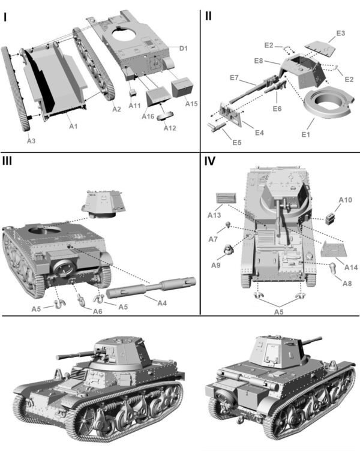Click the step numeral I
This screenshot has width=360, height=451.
[5, 17]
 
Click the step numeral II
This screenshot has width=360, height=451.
[208, 16]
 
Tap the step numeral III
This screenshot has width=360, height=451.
[9, 161]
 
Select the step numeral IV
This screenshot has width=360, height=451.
[210, 161]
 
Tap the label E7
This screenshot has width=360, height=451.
[235, 78]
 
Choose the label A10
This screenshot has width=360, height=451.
[345, 200]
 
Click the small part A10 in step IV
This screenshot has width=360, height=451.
[332, 218]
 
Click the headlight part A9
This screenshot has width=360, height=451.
[229, 252]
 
